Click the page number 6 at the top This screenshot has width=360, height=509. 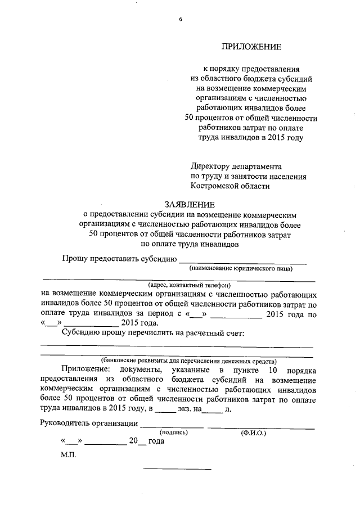click(x=181, y=19)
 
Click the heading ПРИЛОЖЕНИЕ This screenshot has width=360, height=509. click(x=251, y=46)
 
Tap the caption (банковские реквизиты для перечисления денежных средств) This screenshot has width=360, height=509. click(x=188, y=360)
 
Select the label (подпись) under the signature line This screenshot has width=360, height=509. click(x=174, y=433)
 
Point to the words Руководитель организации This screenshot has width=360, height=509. click(x=89, y=423)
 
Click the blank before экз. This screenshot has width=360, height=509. click(x=165, y=411)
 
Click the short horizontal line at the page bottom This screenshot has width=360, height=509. click(x=177, y=469)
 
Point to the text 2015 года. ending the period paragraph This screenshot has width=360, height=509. click(x=139, y=323)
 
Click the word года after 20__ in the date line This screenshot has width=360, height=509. click(x=157, y=442)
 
